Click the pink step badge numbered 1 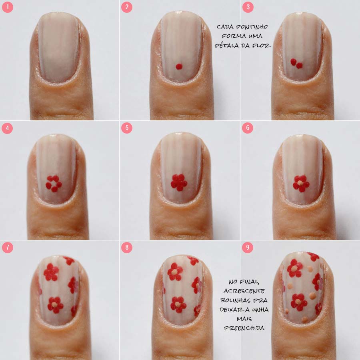click(7, 7)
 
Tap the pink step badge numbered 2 click(127, 7)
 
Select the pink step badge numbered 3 click(248, 7)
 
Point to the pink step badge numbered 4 click(7, 128)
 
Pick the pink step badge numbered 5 click(127, 128)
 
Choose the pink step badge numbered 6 click(248, 128)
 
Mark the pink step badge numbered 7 click(8, 248)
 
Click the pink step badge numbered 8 click(127, 248)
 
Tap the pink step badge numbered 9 click(248, 248)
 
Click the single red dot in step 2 click(179, 66)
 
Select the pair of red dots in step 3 click(296, 64)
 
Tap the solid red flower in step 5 click(179, 182)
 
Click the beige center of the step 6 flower click(300, 183)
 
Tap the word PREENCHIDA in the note click(244, 328)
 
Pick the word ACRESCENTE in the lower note click(244, 291)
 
